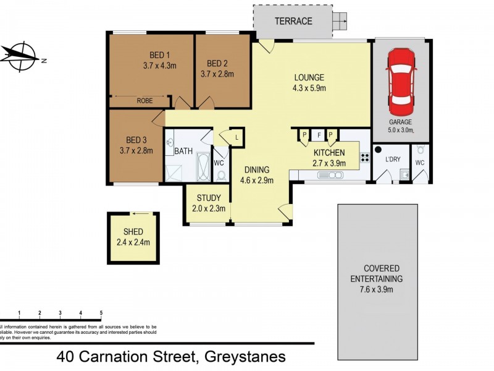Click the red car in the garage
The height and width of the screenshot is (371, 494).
400,79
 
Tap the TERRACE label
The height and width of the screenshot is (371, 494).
293,21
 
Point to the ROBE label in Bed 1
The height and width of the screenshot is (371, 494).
146,99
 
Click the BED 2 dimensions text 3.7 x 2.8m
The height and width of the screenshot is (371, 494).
217,74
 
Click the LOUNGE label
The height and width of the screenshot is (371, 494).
309,77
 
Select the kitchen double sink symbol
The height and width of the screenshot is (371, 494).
330,176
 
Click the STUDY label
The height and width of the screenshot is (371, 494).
209,198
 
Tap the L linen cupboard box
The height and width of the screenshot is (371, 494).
237,136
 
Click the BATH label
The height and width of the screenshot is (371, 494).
183,151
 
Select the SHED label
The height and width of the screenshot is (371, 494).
133,232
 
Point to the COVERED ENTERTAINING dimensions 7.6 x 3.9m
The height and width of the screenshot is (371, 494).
376,289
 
